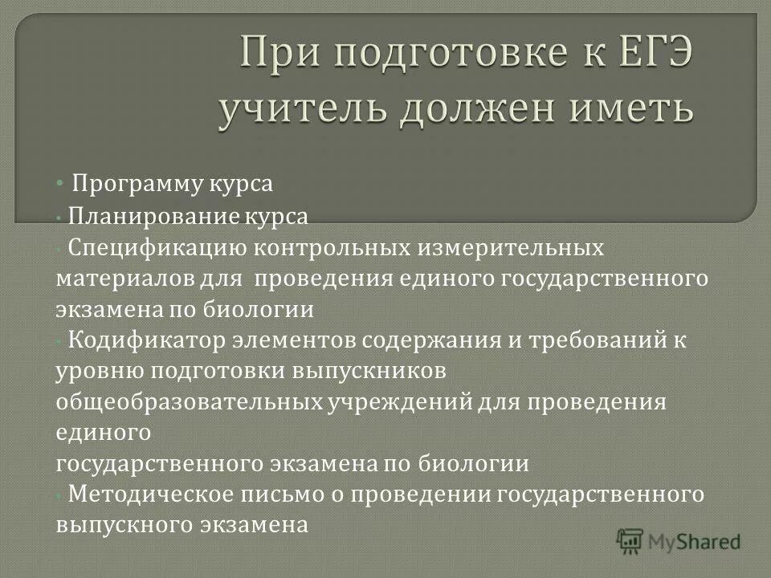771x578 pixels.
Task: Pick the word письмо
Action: pos(280,495)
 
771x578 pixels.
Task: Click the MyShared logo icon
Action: pos(630,540)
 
